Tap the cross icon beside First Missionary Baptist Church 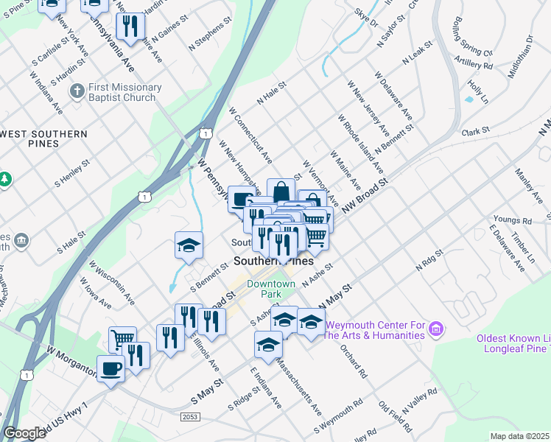[77, 91]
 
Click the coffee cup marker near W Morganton [110, 368]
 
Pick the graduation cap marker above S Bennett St [189, 245]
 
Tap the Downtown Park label [271, 289]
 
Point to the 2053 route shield [189, 417]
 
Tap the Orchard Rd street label [354, 360]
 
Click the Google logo [25, 433]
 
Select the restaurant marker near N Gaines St [130, 27]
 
